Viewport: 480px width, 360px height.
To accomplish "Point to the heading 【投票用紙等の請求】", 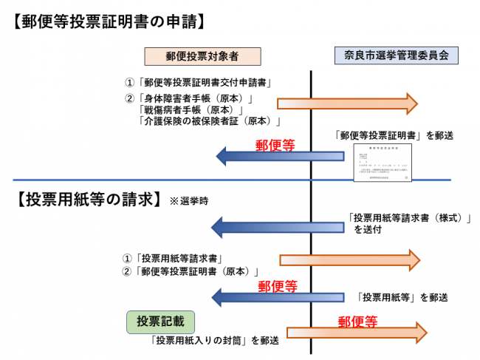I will click(86, 200).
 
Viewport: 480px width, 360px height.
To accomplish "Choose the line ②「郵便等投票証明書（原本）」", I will click(195, 272).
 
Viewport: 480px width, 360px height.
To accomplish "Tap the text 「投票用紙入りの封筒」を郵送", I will click(214, 341).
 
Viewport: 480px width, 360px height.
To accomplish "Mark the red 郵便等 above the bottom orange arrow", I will click(357, 322).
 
